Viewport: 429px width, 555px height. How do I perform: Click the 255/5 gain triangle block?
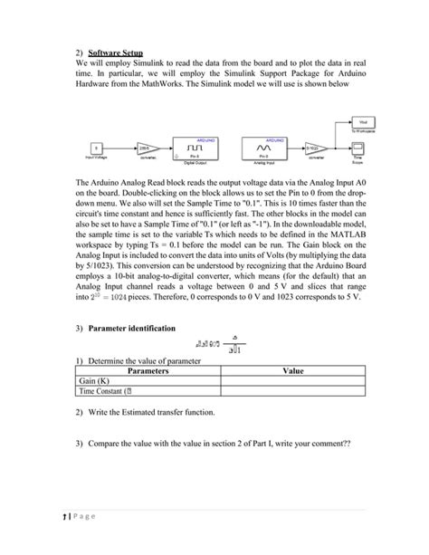click(148, 148)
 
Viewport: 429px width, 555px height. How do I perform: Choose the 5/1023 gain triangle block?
click(314, 148)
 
